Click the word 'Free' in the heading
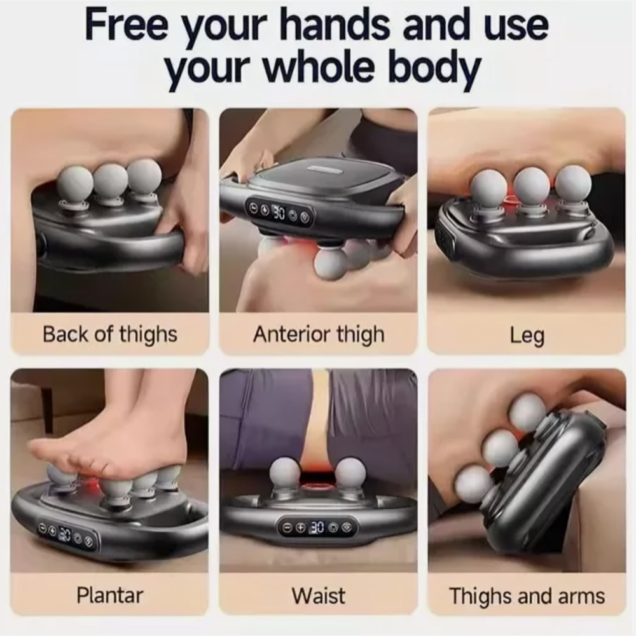127,25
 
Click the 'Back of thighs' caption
110,335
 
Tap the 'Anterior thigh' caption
319,335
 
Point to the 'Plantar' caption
110,595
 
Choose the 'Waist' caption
319,595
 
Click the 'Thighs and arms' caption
527,596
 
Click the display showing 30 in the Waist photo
317,527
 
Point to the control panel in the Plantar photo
67,536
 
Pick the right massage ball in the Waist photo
350,474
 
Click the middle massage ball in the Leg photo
532,185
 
